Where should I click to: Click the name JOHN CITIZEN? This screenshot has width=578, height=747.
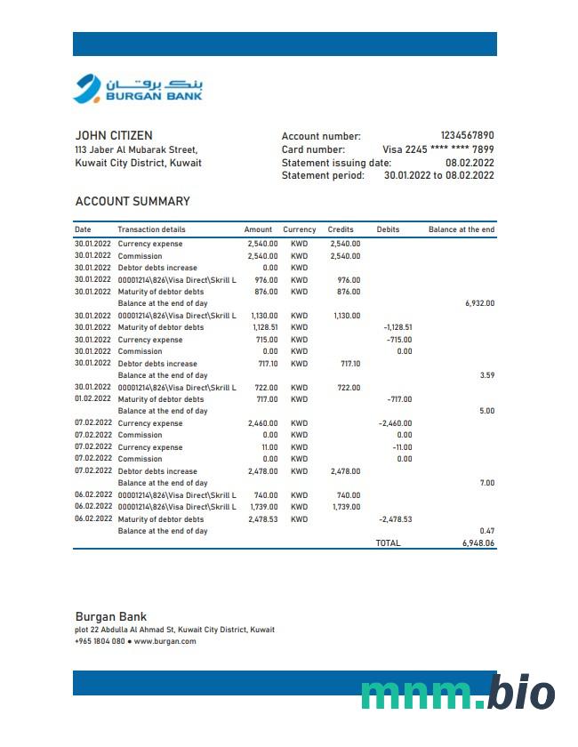[114, 136]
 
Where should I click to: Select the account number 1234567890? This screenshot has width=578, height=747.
[467, 136]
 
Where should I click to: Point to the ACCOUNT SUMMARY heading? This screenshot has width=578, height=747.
[132, 202]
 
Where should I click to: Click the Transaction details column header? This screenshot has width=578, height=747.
[151, 229]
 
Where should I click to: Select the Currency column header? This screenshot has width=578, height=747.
[300, 229]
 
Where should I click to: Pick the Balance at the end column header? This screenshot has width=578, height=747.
[461, 229]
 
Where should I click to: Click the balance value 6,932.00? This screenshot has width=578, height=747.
[479, 303]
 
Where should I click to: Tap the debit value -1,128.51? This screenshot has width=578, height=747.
[397, 327]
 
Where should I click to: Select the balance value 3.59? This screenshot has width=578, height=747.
[486, 375]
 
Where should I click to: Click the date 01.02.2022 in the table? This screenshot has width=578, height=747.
[92, 399]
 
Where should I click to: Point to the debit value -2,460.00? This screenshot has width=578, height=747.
[395, 423]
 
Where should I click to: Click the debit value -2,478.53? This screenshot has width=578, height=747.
[395, 519]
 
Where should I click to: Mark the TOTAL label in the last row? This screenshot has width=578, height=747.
[388, 542]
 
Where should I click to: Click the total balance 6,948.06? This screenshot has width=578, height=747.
[478, 542]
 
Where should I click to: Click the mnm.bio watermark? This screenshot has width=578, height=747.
[458, 693]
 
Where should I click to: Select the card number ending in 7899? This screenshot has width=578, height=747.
[438, 149]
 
